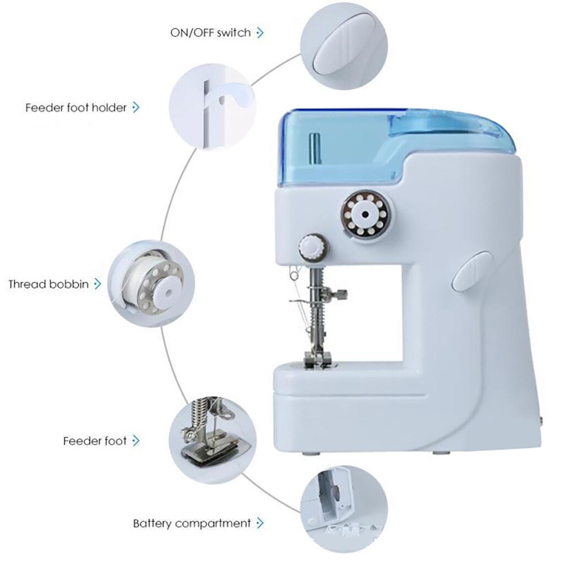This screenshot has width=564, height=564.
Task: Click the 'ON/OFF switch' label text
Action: (210, 32)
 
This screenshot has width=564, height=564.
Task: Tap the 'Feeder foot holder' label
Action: (76, 107)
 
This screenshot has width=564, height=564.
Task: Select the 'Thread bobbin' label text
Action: (48, 284)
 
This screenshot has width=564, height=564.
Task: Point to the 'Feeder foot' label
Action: (95, 441)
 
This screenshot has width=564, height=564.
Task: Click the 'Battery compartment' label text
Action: (192, 523)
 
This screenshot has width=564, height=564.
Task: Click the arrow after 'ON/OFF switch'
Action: (261, 32)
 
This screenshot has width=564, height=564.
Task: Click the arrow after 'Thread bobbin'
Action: (98, 284)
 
